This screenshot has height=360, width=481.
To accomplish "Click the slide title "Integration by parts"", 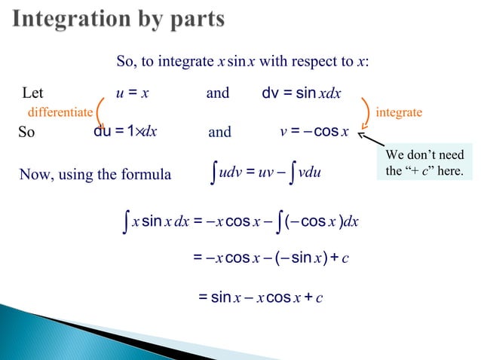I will [118, 19].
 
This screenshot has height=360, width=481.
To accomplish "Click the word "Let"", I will [33, 94].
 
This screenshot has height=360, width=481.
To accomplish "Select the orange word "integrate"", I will [399, 112].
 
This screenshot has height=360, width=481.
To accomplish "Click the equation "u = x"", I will [133, 94].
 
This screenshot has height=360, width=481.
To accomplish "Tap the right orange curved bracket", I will [366, 112].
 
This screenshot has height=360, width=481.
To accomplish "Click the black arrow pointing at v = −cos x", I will [370, 141].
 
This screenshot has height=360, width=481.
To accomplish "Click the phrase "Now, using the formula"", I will [95, 175].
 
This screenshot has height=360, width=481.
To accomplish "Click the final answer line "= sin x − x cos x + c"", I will [261, 297].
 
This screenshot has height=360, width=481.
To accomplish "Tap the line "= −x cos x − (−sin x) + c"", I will [267, 259].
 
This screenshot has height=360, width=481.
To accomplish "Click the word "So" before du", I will [26, 133].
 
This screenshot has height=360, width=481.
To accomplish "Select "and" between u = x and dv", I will [218, 94].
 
